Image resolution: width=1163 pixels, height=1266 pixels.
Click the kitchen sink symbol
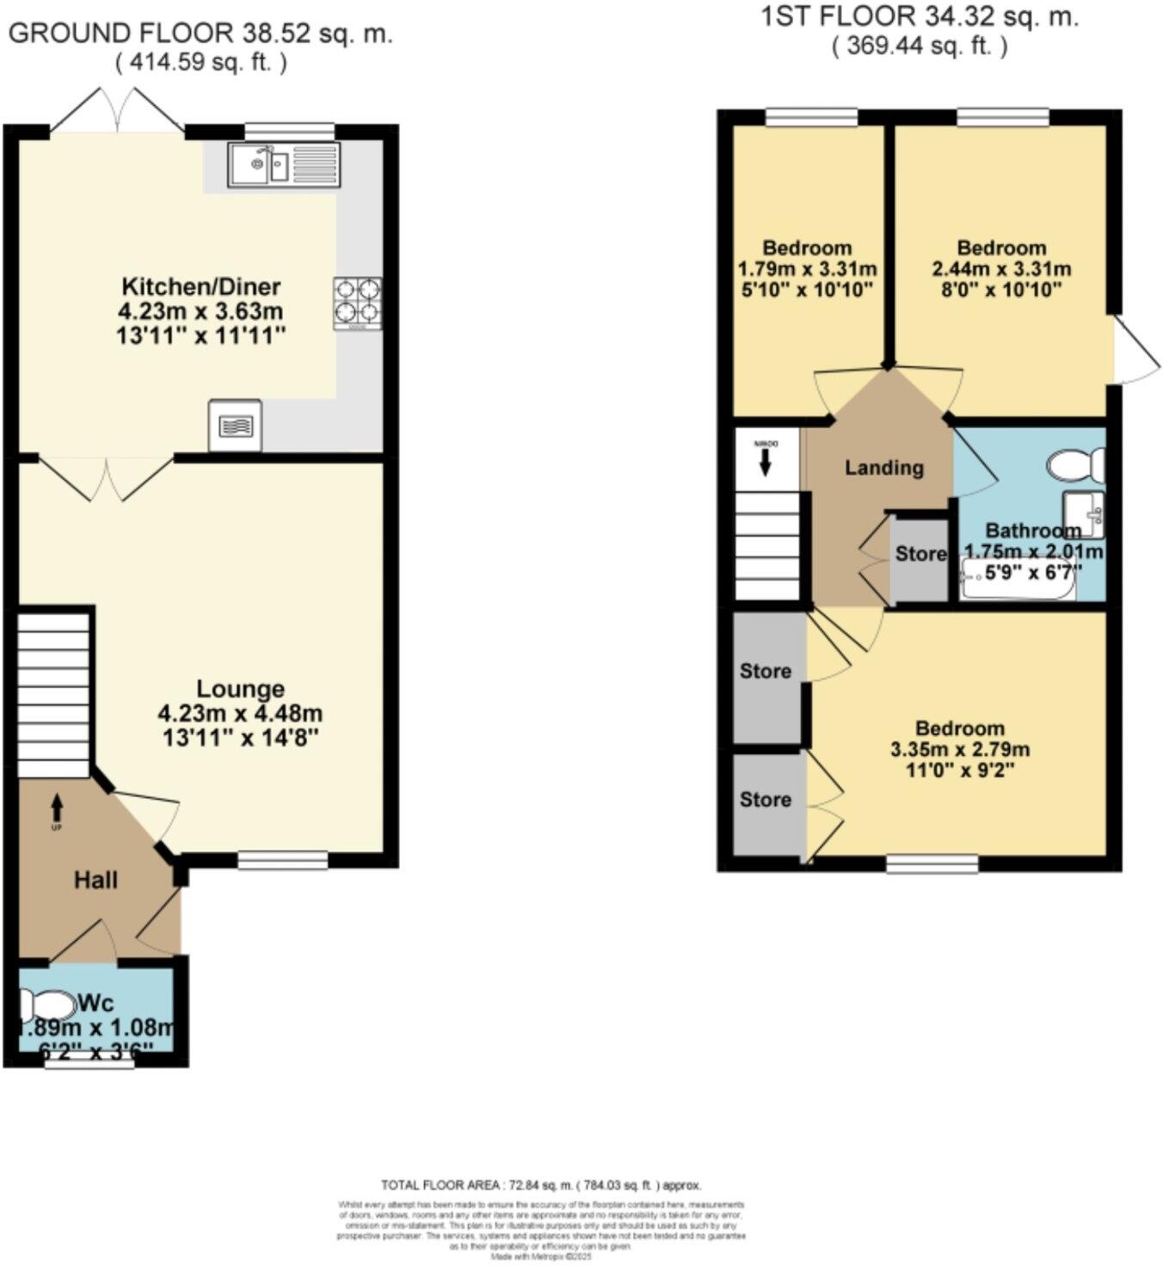tap(285, 164)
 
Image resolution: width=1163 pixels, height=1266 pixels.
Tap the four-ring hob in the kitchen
tap(357, 303)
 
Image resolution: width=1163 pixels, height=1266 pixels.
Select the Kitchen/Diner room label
tap(200, 286)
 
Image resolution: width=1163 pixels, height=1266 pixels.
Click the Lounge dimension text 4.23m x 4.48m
tap(240, 713)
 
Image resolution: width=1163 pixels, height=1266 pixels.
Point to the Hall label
tap(95, 880)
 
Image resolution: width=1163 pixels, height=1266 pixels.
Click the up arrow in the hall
tap(57, 808)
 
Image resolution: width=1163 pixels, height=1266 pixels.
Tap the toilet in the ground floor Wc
tap(47, 1005)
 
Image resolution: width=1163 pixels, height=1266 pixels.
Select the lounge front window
tap(283, 860)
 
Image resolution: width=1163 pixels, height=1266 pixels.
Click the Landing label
tap(883, 468)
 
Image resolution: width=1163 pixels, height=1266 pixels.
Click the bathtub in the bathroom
tap(1017, 581)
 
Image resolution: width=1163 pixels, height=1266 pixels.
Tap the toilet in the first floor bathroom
tap(1075, 465)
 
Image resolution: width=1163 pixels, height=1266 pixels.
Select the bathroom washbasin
tap(1084, 514)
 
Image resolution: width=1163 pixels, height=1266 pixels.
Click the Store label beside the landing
tap(920, 554)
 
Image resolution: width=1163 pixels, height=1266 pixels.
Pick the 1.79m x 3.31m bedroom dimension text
tap(807, 269)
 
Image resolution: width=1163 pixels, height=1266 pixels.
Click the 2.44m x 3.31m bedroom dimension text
tap(1001, 269)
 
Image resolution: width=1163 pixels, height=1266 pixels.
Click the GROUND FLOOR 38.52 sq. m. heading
tap(200, 34)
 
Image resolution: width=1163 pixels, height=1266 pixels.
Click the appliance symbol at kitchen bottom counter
tap(235, 425)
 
